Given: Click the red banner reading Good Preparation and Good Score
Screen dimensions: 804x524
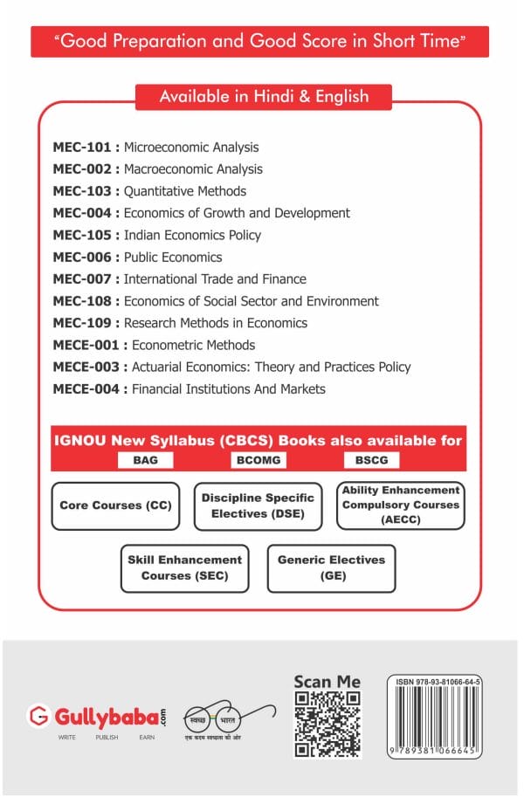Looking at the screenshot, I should (259, 41).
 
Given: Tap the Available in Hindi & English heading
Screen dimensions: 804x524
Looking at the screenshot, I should (263, 97).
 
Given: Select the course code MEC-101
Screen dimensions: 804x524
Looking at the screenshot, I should (82, 148).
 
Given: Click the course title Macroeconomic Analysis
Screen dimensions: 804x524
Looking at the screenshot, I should (193, 169).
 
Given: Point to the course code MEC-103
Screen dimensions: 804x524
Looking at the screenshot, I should (82, 191).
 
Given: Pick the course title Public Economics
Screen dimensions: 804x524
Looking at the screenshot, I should (173, 258).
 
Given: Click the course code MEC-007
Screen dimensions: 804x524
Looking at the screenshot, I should (82, 279).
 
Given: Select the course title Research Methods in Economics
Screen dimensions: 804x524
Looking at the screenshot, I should (216, 323).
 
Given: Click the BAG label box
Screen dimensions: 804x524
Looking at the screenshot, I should (145, 460).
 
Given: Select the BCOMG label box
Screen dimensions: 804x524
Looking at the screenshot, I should (259, 460).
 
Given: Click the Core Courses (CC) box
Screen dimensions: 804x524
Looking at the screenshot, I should (115, 506).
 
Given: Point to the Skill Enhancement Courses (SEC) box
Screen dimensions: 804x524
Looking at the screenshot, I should (184, 568).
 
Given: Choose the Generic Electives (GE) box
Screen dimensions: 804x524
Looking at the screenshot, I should (330, 568).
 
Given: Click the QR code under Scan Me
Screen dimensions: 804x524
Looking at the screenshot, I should (327, 724).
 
